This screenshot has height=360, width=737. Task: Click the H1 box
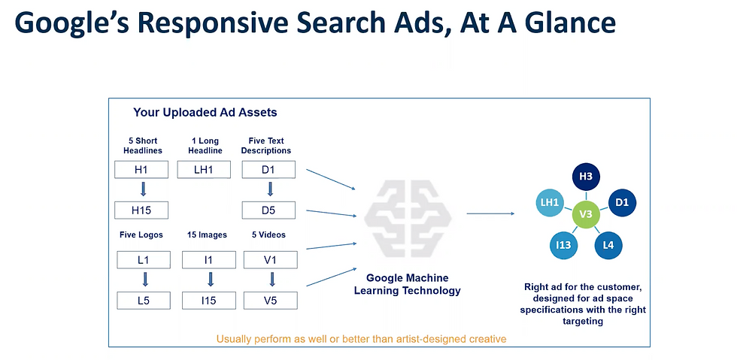tap(141, 170)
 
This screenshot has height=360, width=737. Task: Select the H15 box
tap(141, 210)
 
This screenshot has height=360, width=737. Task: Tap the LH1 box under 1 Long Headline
tap(204, 170)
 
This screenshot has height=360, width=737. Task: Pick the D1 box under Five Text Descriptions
tap(268, 170)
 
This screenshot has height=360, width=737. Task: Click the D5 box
tap(268, 210)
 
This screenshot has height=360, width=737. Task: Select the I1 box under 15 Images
tap(209, 261)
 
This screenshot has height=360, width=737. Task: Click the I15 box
tap(209, 301)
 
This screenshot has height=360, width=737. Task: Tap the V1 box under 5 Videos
tap(271, 261)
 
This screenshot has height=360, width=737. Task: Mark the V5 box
tap(271, 301)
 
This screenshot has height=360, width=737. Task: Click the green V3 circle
tap(586, 215)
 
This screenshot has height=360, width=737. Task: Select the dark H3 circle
tap(586, 177)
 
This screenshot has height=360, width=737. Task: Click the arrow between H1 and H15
tap(141, 189)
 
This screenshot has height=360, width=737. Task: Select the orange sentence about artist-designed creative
tap(361, 339)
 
